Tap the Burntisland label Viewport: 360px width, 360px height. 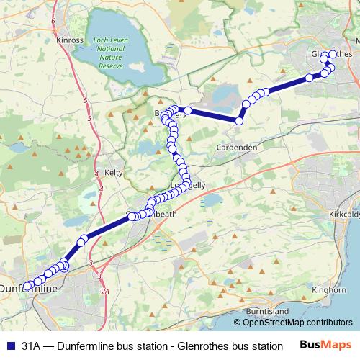click(266, 310)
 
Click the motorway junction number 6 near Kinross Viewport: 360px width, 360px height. click(53, 22)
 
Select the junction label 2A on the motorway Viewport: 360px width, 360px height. click(105, 291)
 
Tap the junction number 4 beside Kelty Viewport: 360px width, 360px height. click(100, 188)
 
